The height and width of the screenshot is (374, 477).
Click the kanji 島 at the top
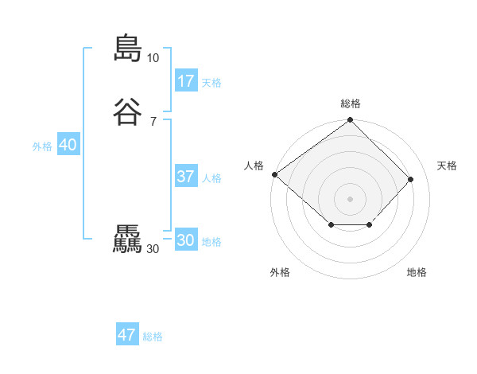[126, 48]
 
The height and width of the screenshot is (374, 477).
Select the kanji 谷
[126, 112]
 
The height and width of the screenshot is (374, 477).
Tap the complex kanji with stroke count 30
[126, 240]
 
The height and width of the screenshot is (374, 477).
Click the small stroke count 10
[153, 58]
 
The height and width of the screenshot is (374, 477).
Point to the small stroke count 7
[153, 122]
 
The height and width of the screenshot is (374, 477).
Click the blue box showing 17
[186, 80]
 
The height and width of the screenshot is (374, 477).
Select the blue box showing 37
[186, 177]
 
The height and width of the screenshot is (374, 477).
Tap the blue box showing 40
[68, 145]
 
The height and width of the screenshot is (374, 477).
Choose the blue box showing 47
[126, 335]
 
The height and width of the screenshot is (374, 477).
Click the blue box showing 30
[186, 240]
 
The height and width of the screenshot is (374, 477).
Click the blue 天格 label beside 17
[211, 83]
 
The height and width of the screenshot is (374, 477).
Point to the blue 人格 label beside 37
[211, 178]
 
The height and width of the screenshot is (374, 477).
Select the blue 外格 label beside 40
[42, 146]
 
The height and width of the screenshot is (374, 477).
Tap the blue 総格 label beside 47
[153, 337]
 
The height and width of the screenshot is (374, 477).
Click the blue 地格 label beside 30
[211, 242]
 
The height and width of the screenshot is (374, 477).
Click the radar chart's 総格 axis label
[351, 103]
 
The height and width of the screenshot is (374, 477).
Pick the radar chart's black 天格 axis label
[447, 166]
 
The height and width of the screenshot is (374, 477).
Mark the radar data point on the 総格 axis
[351, 121]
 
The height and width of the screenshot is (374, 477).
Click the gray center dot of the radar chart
[351, 198]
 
